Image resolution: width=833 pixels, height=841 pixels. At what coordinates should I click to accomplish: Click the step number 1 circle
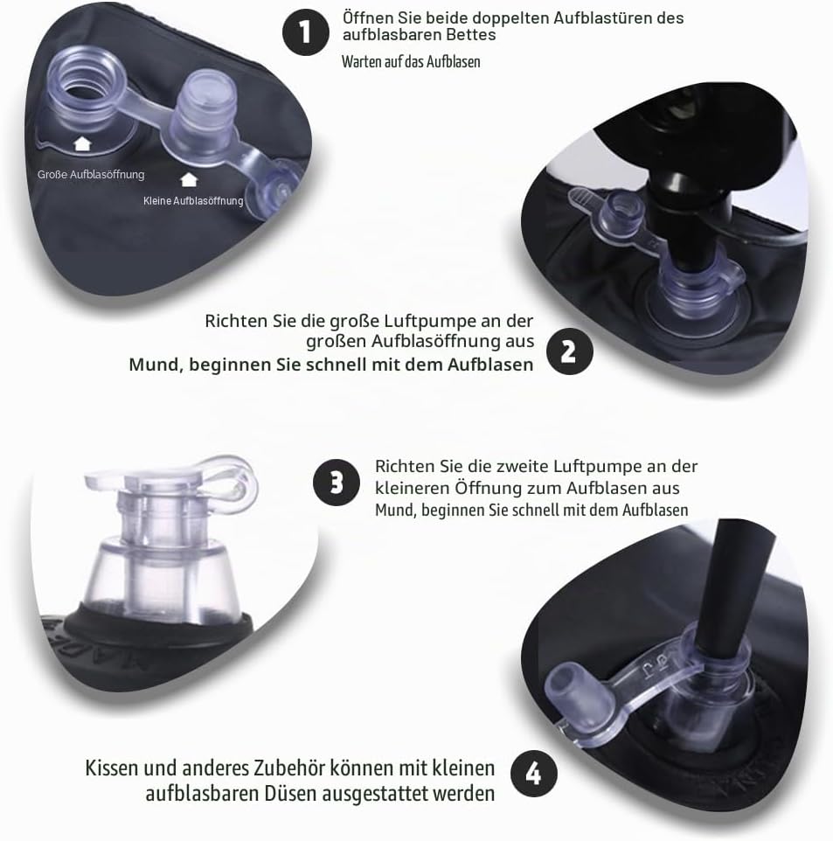(x=306, y=31)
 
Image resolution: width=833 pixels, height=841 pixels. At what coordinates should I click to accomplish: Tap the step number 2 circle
(x=570, y=351)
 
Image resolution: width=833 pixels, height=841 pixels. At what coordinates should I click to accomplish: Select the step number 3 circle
(x=337, y=483)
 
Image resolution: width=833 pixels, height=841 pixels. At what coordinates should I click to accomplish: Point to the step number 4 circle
(x=534, y=774)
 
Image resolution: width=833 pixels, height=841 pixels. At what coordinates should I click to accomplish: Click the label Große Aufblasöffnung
(x=91, y=174)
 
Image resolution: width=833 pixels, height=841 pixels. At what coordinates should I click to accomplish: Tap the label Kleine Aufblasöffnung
(x=193, y=200)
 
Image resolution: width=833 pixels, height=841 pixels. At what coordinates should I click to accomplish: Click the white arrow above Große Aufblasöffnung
(x=82, y=143)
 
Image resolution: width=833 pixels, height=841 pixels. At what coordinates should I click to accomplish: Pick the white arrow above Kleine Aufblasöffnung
(x=189, y=180)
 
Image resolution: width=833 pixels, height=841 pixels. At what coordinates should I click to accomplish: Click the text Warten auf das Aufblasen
(x=411, y=62)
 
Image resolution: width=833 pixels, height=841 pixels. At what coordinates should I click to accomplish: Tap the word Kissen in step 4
(x=112, y=768)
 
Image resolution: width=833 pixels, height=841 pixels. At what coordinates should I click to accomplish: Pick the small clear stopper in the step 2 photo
(x=621, y=211)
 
